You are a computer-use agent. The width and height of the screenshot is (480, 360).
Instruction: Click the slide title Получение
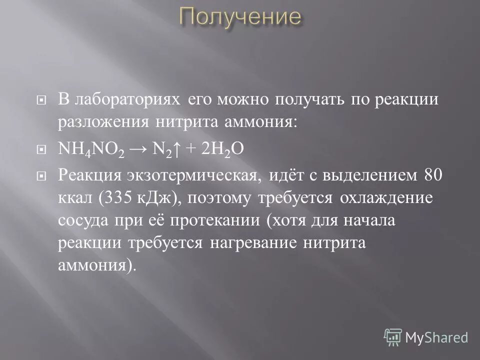tap(240, 18)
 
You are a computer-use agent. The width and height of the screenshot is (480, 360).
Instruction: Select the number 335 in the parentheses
tap(125, 198)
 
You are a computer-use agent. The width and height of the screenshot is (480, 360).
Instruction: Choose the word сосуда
tap(81, 220)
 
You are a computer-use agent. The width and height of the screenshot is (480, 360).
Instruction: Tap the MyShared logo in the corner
tap(426, 337)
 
